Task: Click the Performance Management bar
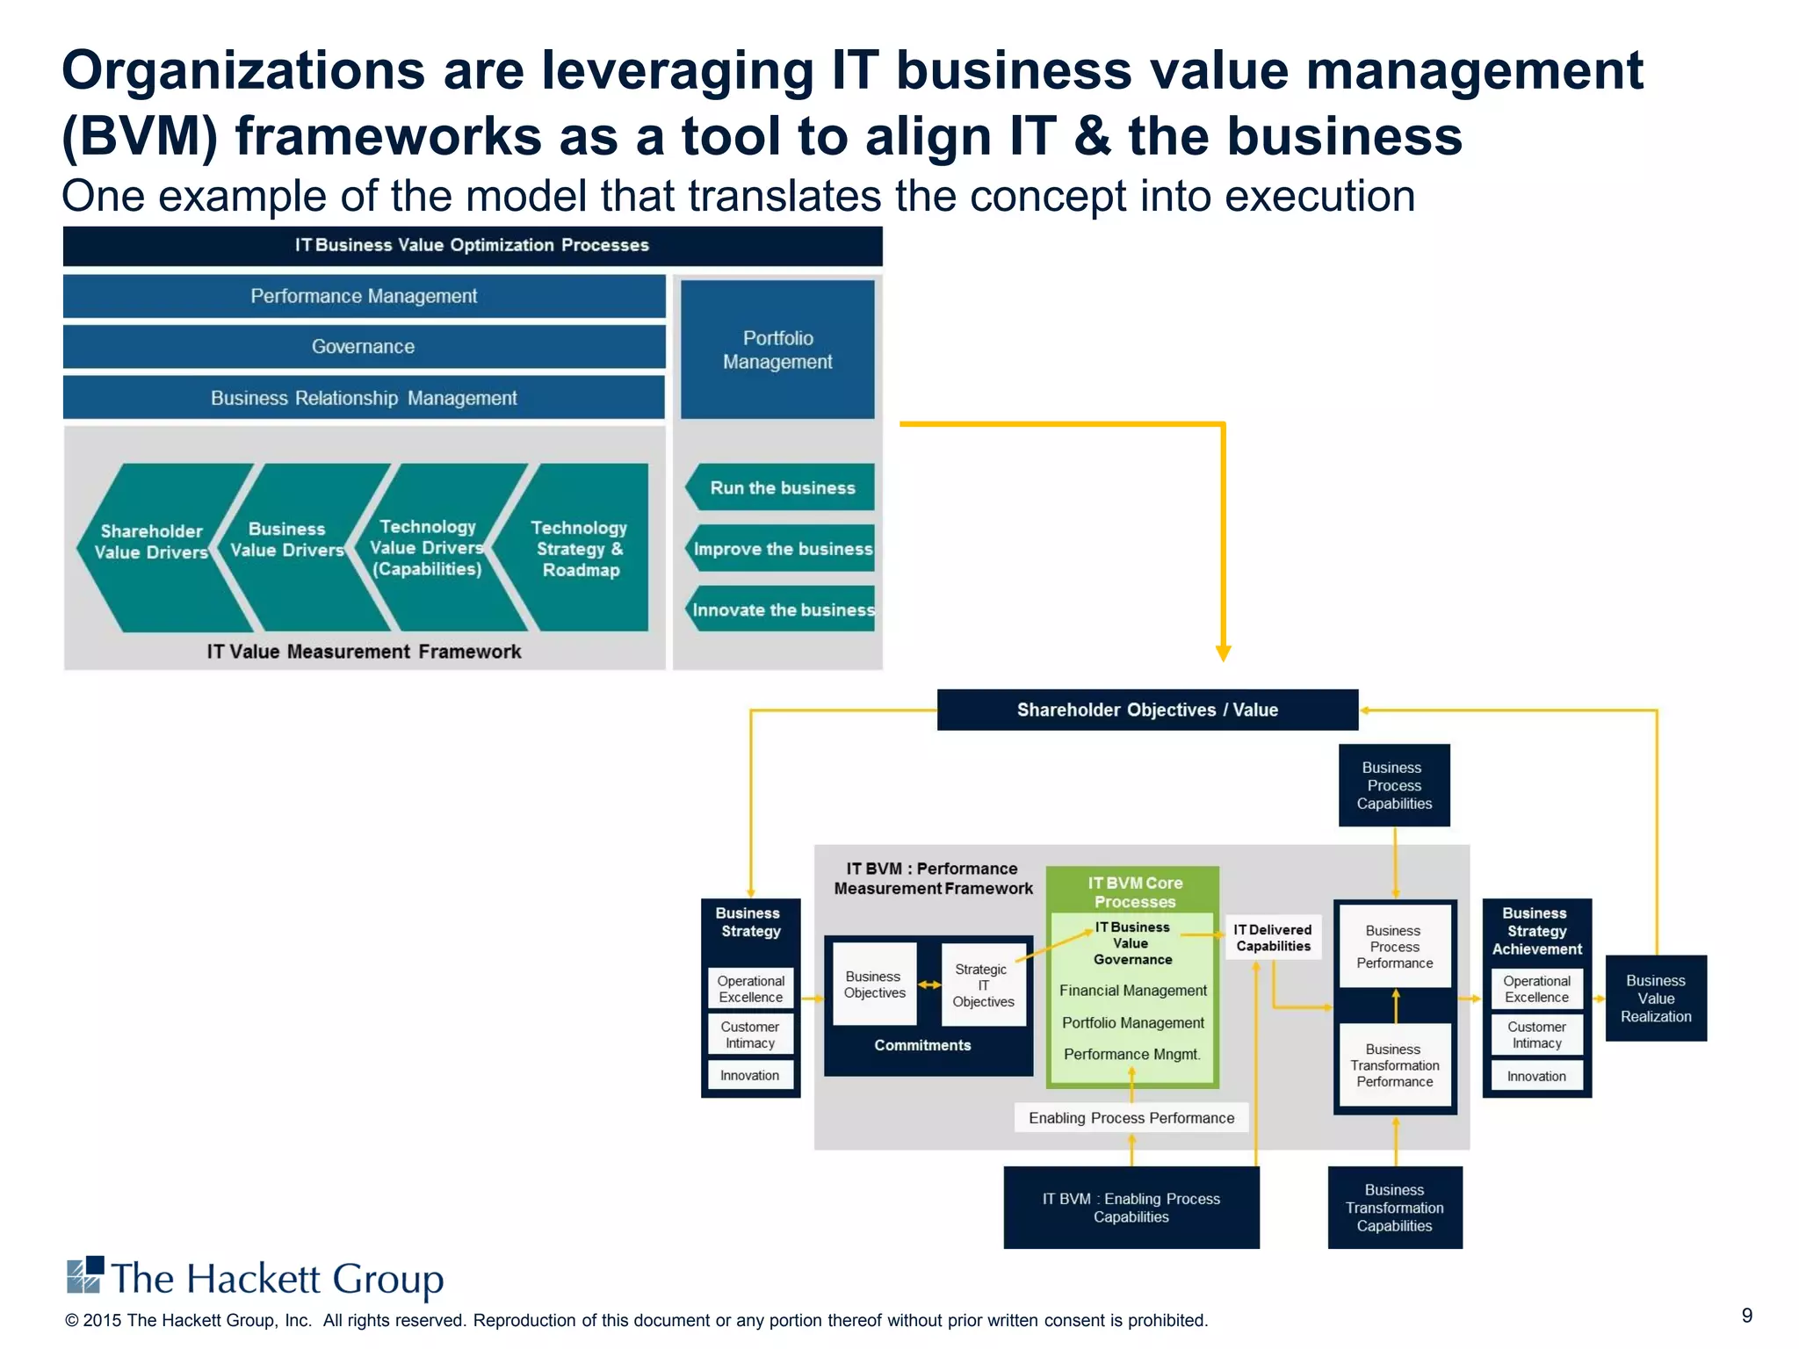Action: pyautogui.click(x=364, y=296)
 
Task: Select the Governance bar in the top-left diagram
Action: pyautogui.click(x=364, y=347)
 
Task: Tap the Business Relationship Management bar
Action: pyautogui.click(x=364, y=398)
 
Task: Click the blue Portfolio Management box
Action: pyautogui.click(x=777, y=350)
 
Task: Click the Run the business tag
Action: pyautogui.click(x=781, y=487)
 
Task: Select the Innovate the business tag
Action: pyautogui.click(x=781, y=610)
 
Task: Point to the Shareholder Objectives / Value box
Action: pyautogui.click(x=1147, y=710)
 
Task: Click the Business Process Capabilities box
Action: pyautogui.click(x=1394, y=785)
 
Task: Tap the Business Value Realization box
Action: pyautogui.click(x=1656, y=999)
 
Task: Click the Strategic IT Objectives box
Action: pyautogui.click(x=983, y=985)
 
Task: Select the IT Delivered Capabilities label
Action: pyautogui.click(x=1273, y=938)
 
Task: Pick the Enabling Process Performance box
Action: pyautogui.click(x=1131, y=1118)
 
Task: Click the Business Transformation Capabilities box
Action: pyautogui.click(x=1394, y=1208)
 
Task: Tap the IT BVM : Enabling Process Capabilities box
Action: pyautogui.click(x=1131, y=1208)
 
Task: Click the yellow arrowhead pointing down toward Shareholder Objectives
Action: pyautogui.click(x=1223, y=653)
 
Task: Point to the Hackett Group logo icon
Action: pyautogui.click(x=85, y=1275)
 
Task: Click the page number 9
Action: pyautogui.click(x=1746, y=1315)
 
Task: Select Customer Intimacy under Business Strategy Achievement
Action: pyautogui.click(x=1536, y=1035)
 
